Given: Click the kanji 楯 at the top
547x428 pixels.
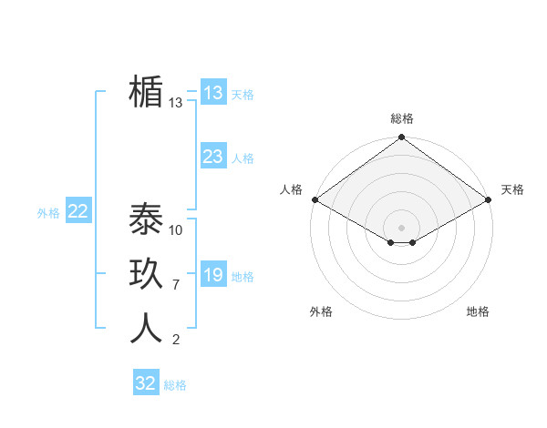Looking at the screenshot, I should pyautogui.click(x=146, y=93).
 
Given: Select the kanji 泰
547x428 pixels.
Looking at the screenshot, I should pyautogui.click(x=146, y=219).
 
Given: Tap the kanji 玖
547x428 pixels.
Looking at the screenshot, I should pyautogui.click(x=146, y=274).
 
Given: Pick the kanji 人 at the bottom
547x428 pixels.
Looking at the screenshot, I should pyautogui.click(x=146, y=328).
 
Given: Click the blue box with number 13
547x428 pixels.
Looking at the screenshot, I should pyautogui.click(x=212, y=93).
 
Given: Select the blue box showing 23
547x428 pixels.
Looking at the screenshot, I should pyautogui.click(x=212, y=157).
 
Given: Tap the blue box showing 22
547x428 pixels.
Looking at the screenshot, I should pyautogui.click(x=78, y=211).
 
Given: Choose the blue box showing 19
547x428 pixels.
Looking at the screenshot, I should pyautogui.click(x=212, y=275).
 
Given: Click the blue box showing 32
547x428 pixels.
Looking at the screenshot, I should pyautogui.click(x=146, y=383).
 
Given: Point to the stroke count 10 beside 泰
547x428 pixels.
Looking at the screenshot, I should pyautogui.click(x=176, y=230).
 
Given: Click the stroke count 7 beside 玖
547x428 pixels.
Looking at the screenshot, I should pyautogui.click(x=176, y=285).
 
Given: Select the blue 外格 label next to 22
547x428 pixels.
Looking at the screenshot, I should pyautogui.click(x=48, y=213).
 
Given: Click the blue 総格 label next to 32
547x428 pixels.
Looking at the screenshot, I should pyautogui.click(x=175, y=385).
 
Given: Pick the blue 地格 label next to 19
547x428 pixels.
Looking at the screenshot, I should pyautogui.click(x=243, y=277).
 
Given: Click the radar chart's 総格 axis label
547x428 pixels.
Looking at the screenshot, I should pyautogui.click(x=402, y=118).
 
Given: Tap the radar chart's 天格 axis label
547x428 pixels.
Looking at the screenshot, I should pyautogui.click(x=512, y=189).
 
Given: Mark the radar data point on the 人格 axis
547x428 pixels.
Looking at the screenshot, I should pyautogui.click(x=315, y=199).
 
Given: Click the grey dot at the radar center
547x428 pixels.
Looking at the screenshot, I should pyautogui.click(x=402, y=227).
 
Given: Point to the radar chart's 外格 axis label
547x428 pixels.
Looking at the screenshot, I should pyautogui.click(x=321, y=311).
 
